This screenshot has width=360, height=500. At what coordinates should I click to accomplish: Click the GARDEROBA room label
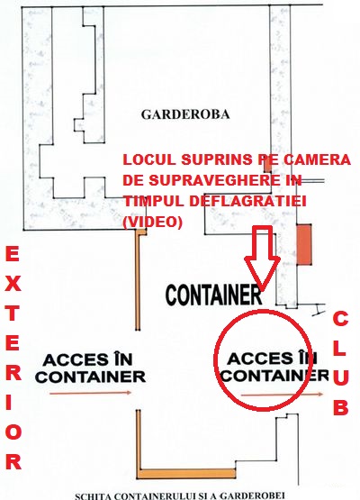pos(185,114)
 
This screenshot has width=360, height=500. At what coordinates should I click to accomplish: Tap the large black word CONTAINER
pos(214,295)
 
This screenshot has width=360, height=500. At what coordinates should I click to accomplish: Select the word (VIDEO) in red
pos(153,222)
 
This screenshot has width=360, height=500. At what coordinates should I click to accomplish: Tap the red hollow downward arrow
pos(262,258)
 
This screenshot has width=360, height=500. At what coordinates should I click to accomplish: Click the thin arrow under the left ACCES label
pos(91,393)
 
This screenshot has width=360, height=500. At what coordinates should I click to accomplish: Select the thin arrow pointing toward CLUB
pos(283,395)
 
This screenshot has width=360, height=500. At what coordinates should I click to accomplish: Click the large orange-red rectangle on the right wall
pos(304,244)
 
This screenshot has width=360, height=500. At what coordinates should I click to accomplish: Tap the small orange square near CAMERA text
pos(267,165)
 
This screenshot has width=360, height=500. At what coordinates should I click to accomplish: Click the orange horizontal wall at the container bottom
pos(186,474)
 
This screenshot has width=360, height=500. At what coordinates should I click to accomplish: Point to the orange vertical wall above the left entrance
pos(138,280)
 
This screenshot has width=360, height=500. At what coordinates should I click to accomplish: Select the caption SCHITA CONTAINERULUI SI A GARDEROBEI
pos(180,495)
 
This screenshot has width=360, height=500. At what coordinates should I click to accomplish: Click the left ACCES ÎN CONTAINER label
pos(91,368)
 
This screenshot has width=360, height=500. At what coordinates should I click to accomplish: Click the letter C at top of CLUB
pos(340,319)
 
